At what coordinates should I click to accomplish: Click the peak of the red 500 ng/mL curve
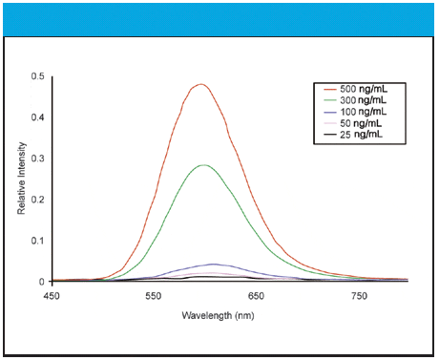pyautogui.click(x=201, y=84)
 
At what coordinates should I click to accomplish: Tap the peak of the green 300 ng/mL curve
pyautogui.click(x=203, y=165)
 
